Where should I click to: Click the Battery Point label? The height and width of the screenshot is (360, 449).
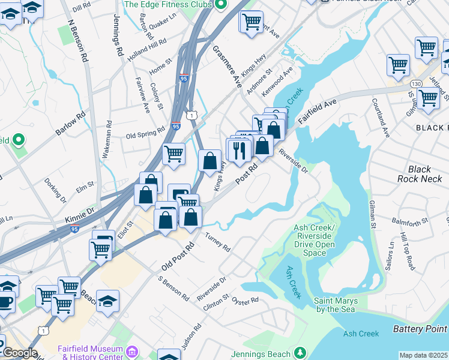coord(420,329)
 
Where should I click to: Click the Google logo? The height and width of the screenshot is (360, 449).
coord(20,353)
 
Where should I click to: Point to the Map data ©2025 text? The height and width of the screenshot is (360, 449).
coord(423,355)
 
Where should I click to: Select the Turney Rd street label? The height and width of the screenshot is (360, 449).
coord(218,242)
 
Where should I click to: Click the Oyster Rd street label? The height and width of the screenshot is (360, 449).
coord(245,300)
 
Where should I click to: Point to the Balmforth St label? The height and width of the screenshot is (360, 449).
coord(409,220)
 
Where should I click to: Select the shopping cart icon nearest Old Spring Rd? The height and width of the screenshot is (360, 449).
coord(174,153)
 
